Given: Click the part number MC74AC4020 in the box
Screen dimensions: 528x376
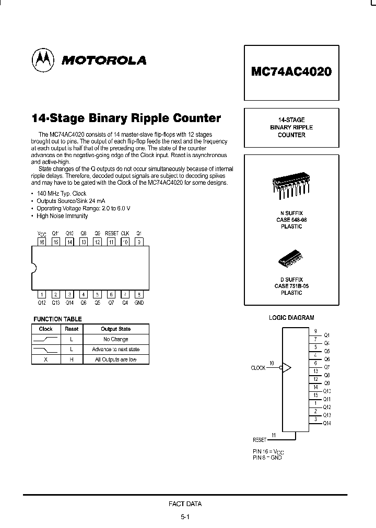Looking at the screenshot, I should click(291, 72).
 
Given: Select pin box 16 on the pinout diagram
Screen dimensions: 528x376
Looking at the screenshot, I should click(43, 242).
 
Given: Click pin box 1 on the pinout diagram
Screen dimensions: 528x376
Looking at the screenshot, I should click(43, 294).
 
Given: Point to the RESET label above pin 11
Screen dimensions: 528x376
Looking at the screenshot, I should click(111, 234).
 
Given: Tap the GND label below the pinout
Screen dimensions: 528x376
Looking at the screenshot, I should click(139, 303).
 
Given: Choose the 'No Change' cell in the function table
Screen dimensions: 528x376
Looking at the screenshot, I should click(115, 339).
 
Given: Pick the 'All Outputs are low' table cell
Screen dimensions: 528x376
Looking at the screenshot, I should click(115, 359).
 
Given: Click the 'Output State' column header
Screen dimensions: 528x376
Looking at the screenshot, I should click(115, 329).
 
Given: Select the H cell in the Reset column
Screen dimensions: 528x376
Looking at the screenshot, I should click(72, 359).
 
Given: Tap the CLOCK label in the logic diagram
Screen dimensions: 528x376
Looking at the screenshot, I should click(258, 368).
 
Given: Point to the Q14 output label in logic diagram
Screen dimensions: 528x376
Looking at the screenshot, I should click(327, 423).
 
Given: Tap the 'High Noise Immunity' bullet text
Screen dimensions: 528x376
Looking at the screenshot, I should click(62, 216).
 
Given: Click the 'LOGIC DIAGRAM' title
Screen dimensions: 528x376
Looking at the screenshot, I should click(291, 317).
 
